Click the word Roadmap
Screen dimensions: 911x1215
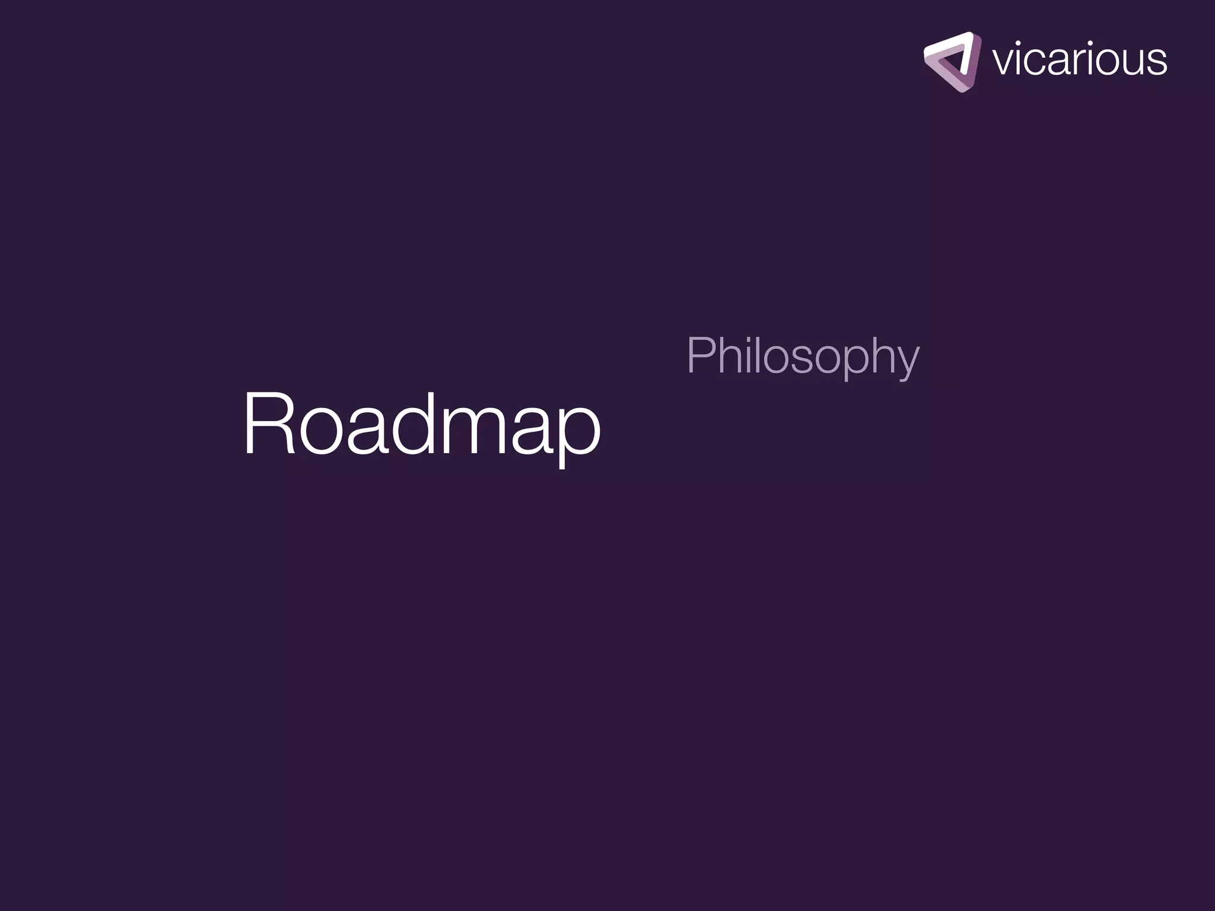[x=422, y=425]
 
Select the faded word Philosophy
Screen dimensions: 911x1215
[x=803, y=356]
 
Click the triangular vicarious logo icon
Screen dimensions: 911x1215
[x=952, y=62]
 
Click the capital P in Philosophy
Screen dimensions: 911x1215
[x=699, y=356]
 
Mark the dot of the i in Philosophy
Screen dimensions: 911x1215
[x=745, y=339]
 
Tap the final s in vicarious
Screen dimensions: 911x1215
[x=1157, y=62]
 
